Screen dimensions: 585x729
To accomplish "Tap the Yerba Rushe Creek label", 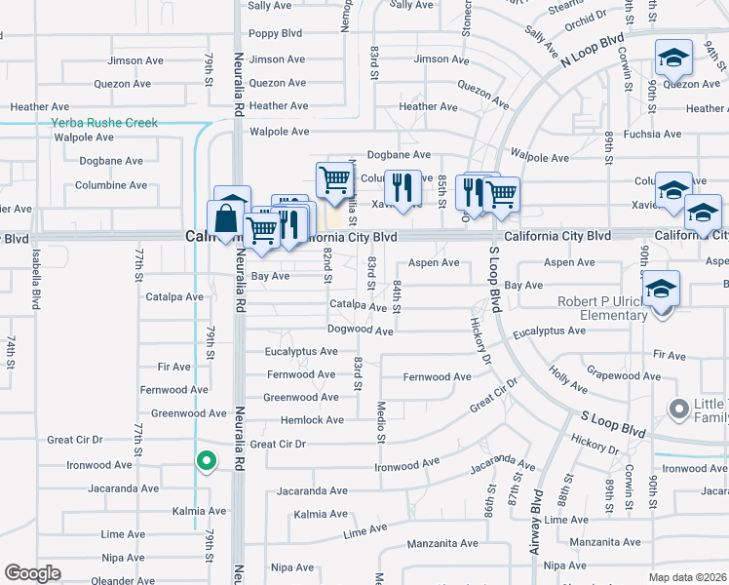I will (x=104, y=124).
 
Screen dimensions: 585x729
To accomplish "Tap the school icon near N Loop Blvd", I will (x=673, y=58).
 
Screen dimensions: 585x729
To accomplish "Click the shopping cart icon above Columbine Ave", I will (x=334, y=178).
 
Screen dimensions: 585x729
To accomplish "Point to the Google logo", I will (x=32, y=573).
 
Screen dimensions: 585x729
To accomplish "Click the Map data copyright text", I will (x=688, y=576).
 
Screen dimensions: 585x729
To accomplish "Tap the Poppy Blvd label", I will (x=276, y=33).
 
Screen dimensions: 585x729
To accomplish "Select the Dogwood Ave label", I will (x=360, y=331).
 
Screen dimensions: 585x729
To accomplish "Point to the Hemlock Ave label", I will (x=312, y=420).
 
